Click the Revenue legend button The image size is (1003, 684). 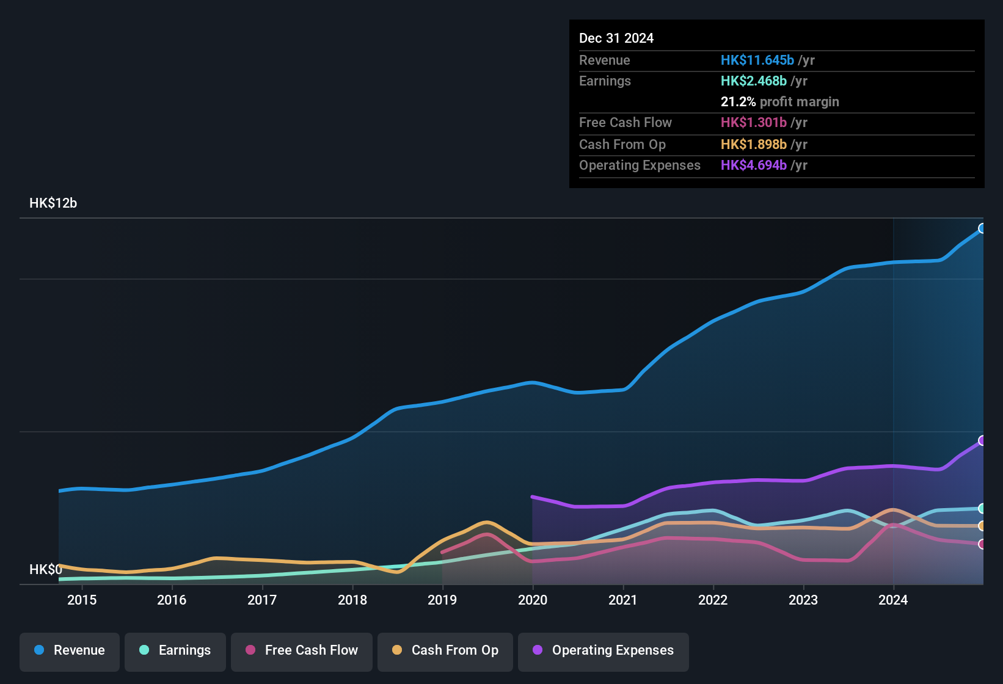pyautogui.click(x=70, y=651)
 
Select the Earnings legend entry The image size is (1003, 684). pyautogui.click(x=175, y=651)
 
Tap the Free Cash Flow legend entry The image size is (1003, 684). pyautogui.click(x=302, y=651)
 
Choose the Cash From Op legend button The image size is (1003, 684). pyautogui.click(x=445, y=651)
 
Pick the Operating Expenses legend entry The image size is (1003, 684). pyautogui.click(x=604, y=651)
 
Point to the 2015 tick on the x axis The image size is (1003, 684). pyautogui.click(x=82, y=600)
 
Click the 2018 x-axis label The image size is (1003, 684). pyautogui.click(x=352, y=600)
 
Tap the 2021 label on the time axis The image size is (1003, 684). pyautogui.click(x=623, y=600)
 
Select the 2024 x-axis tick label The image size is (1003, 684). pyautogui.click(x=893, y=600)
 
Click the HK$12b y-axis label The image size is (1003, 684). pyautogui.click(x=53, y=203)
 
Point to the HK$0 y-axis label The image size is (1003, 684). pyautogui.click(x=45, y=570)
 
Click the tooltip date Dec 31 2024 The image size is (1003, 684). pyautogui.click(x=616, y=38)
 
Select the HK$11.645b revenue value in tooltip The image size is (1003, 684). pyautogui.click(x=757, y=60)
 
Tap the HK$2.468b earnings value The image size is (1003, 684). pyautogui.click(x=753, y=81)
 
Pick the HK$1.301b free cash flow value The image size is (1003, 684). pyautogui.click(x=753, y=123)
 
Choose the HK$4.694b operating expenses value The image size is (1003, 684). pyautogui.click(x=753, y=166)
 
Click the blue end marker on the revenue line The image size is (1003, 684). pyautogui.click(x=982, y=228)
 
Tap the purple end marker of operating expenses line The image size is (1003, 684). pyautogui.click(x=982, y=440)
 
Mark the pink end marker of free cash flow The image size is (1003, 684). pyautogui.click(x=982, y=544)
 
